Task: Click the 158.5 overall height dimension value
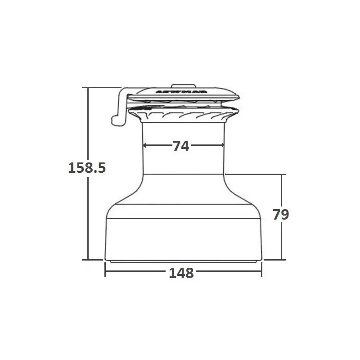point(86,168)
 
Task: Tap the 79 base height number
point(281,214)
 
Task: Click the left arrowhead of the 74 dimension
point(145,145)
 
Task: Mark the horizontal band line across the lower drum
point(183,174)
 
